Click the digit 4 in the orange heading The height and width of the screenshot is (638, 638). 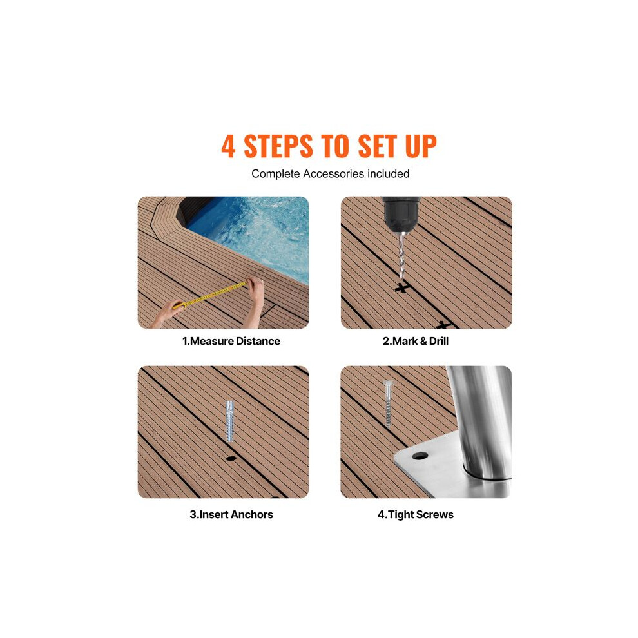(228, 146)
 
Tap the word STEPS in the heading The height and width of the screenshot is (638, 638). (278, 146)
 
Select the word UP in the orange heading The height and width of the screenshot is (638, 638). (421, 146)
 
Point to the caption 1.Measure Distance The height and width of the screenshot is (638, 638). (231, 341)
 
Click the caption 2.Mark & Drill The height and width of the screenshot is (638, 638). (416, 341)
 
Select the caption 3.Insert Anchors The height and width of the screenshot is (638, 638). (231, 514)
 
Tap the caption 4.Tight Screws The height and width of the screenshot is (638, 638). (416, 515)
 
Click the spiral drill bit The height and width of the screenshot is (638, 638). (402, 255)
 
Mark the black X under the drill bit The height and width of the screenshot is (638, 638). (401, 288)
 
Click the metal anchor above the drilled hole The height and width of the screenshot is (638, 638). (230, 421)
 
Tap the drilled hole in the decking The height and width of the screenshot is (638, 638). (231, 459)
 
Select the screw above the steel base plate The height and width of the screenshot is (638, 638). (388, 403)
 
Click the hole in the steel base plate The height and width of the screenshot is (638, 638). (420, 456)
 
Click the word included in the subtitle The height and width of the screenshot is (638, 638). (389, 174)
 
